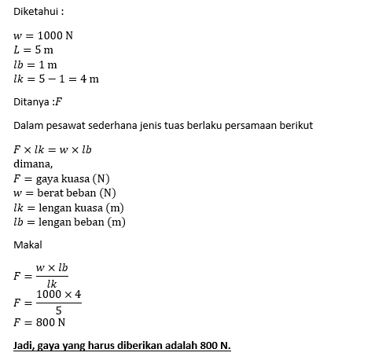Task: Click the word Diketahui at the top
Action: click(x=34, y=13)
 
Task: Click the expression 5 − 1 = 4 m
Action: click(x=69, y=79)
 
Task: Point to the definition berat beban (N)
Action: click(x=76, y=193)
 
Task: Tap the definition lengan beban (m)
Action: click(x=82, y=222)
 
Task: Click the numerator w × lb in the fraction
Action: click(x=52, y=268)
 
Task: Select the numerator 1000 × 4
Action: click(x=59, y=295)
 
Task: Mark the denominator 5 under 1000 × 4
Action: click(x=59, y=309)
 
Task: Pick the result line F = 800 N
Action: click(x=40, y=322)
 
